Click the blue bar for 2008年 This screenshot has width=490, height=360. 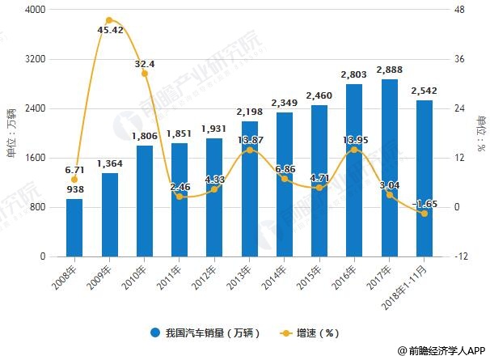pos(74,227)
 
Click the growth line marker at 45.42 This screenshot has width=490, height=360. pos(109,20)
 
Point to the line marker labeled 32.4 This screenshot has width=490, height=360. pos(145,74)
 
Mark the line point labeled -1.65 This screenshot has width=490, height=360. pos(424,214)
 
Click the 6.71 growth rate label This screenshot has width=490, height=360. pos(74,171)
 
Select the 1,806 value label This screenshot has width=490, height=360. pos(145,136)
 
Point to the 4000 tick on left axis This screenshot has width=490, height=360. pos(34,10)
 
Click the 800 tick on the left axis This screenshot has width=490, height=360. pos(37,207)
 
